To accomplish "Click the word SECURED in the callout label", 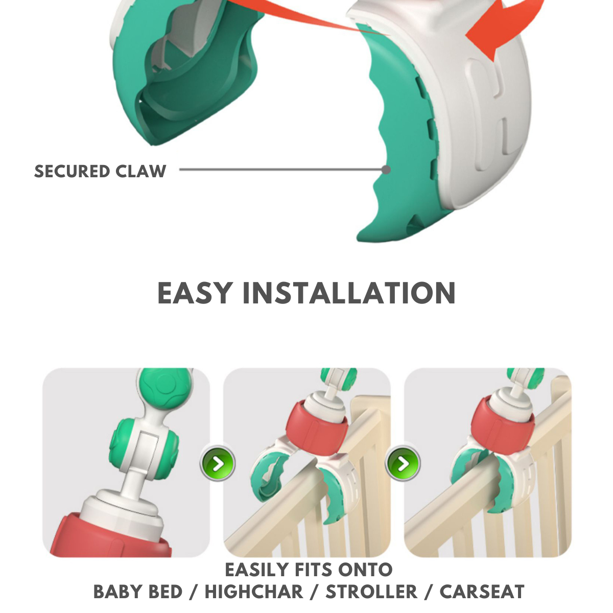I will point(72,171).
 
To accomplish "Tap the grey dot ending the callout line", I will point(386,170).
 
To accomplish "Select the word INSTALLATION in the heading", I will point(349,293).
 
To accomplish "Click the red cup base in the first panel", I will point(112,536).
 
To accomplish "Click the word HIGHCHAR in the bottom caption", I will point(254,592).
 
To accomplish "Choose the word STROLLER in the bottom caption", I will point(371,592).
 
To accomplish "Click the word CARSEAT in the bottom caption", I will point(482,592).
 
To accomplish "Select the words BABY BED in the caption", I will point(138,592).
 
